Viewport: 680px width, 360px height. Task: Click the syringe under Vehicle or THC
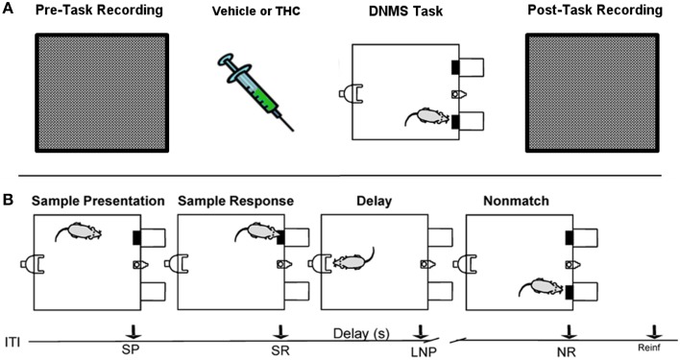(x=255, y=92)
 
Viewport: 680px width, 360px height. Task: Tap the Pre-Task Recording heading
(x=99, y=11)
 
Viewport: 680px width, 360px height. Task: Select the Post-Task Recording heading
(x=595, y=11)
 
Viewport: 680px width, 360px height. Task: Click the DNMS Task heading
(x=406, y=12)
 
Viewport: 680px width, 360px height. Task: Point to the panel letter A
(x=8, y=9)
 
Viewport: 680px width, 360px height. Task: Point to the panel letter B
(x=8, y=200)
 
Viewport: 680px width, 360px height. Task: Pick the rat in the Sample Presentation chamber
(x=79, y=231)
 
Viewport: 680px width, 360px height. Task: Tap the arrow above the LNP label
(x=420, y=331)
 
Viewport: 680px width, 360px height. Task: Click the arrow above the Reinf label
(x=654, y=331)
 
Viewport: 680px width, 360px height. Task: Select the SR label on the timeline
(x=280, y=349)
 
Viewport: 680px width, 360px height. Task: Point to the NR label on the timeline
(x=568, y=351)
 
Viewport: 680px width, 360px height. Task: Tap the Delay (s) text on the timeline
(x=361, y=333)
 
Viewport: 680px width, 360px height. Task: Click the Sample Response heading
(x=236, y=201)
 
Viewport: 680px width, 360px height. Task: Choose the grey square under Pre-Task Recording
(x=102, y=93)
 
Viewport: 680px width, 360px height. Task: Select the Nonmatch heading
(x=516, y=201)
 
